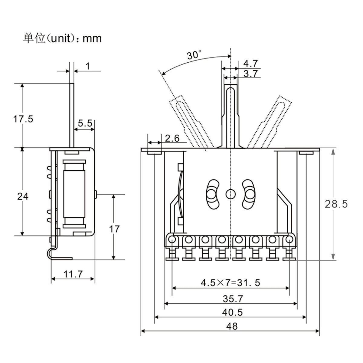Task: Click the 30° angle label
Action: (x=194, y=55)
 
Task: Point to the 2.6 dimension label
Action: (x=172, y=139)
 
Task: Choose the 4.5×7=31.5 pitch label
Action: (x=231, y=283)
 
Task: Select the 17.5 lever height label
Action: (x=23, y=119)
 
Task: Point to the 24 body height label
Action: (x=22, y=196)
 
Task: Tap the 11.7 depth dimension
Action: (x=73, y=274)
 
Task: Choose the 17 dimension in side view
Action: (x=114, y=229)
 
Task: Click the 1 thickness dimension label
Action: (x=88, y=66)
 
